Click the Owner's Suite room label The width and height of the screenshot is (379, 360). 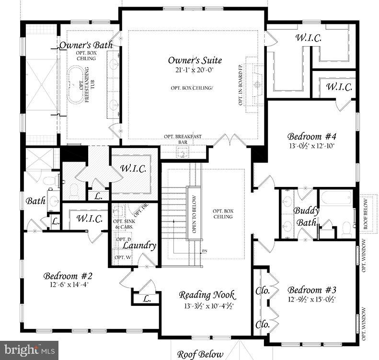pyautogui.click(x=195, y=60)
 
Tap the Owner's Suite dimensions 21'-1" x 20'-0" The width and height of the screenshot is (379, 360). pyautogui.click(x=195, y=70)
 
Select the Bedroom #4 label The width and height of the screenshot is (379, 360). pyautogui.click(x=311, y=136)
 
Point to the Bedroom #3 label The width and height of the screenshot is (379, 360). pyautogui.click(x=312, y=290)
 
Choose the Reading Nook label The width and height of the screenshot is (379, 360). pyautogui.click(x=207, y=295)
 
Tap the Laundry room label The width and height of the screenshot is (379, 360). pyautogui.click(x=139, y=245)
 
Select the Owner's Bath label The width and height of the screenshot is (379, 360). pyautogui.click(x=86, y=45)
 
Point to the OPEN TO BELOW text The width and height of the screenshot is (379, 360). pyautogui.click(x=195, y=214)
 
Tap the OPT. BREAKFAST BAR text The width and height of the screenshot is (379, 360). pyautogui.click(x=182, y=139)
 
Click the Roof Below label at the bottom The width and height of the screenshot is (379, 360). pyautogui.click(x=200, y=354)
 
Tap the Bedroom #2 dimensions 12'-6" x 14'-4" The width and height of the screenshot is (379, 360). pyautogui.click(x=68, y=285)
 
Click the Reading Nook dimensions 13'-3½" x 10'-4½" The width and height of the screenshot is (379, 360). pyautogui.click(x=207, y=305)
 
